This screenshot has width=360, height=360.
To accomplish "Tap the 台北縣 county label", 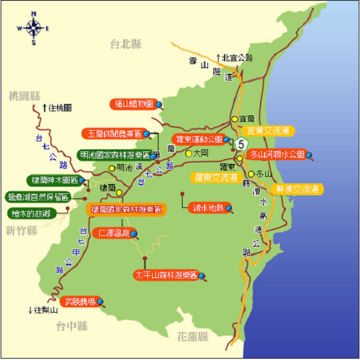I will [x=127, y=45].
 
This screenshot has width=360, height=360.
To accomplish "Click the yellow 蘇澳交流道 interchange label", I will [x=297, y=189].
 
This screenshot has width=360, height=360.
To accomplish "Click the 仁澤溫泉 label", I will [x=114, y=233].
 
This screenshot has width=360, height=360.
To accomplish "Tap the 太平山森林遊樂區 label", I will [x=166, y=275].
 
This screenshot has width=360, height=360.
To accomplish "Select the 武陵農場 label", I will [x=79, y=301].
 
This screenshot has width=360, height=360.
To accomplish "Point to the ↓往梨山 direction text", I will [x=43, y=311].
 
